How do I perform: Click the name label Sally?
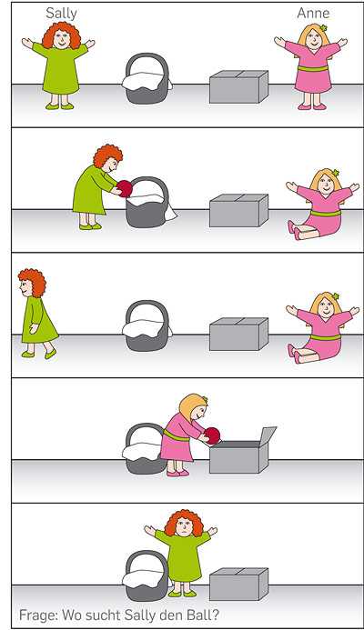pos(61,14)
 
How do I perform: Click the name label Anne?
pos(313,14)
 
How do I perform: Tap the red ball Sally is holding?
pos(125,189)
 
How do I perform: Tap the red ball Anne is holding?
pos(212,436)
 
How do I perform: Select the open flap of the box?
pos(266,435)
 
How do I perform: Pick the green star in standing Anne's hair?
pos(323,28)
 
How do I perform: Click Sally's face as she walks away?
pos(25,287)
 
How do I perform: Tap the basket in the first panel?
pos(147,79)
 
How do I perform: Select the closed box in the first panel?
pos(239,86)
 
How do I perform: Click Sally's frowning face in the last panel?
pos(184,526)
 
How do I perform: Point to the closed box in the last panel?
pos(239,585)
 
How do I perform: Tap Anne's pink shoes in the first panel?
pos(312,106)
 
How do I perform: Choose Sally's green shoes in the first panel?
pos(60,106)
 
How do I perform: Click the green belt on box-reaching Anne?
pos(176,435)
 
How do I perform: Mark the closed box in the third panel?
pos(239,335)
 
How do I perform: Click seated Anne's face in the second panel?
pos(326,184)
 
